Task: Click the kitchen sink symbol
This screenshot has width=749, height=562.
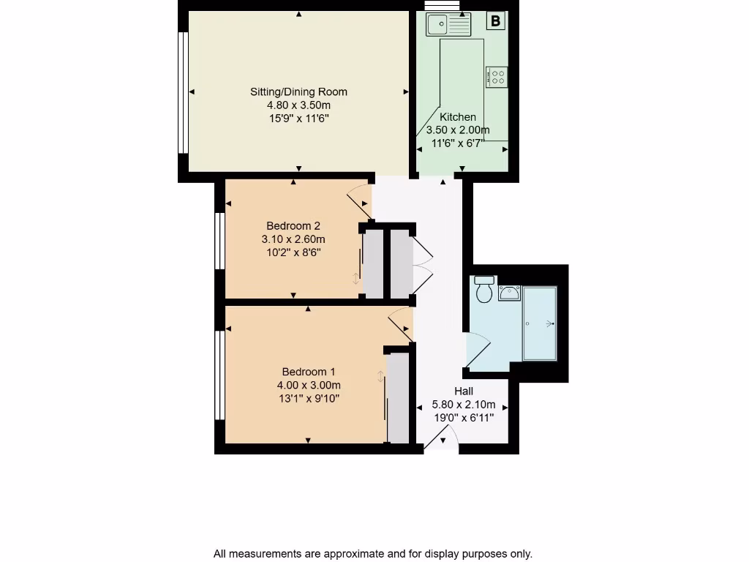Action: [x=449, y=25]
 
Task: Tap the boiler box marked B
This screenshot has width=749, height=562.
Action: [x=496, y=21]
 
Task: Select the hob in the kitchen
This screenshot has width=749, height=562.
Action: [x=497, y=76]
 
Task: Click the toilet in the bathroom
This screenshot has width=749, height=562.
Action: [x=483, y=291]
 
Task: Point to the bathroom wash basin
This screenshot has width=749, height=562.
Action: [x=509, y=293]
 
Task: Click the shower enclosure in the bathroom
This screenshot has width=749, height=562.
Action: [x=540, y=323]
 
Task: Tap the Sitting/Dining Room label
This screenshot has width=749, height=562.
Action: [x=298, y=91]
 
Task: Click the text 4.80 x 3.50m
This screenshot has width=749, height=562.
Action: [x=298, y=105]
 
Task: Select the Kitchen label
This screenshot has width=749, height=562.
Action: [x=458, y=117]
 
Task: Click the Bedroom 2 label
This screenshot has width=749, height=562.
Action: [x=293, y=225]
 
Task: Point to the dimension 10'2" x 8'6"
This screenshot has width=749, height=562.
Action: [x=293, y=252]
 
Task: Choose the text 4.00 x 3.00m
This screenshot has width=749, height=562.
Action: [x=308, y=385]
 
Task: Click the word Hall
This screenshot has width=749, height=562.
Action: [x=464, y=391]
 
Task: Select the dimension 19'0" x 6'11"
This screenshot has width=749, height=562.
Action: [x=464, y=417]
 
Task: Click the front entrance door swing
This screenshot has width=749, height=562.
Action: [x=441, y=438]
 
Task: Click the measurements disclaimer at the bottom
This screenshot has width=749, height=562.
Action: [x=373, y=554]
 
